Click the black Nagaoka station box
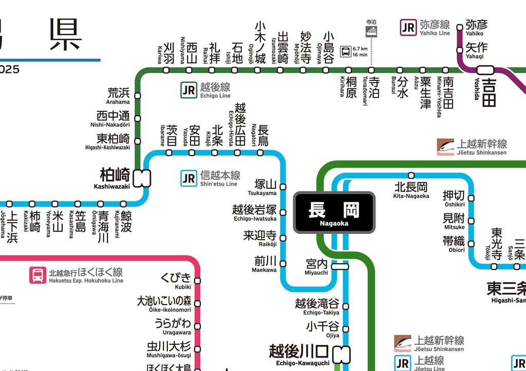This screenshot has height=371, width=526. [x=334, y=212]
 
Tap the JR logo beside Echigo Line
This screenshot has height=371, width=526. [x=189, y=90]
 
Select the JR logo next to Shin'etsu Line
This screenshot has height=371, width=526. [x=189, y=178]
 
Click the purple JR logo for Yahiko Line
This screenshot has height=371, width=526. [x=408, y=27]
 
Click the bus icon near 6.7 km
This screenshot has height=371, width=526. [x=346, y=51]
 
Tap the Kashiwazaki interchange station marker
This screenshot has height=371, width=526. [x=141, y=178]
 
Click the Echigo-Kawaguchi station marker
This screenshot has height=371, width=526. [x=342, y=354]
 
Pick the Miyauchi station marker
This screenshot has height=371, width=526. [x=340, y=266]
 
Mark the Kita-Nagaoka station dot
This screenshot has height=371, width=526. [x=411, y=175]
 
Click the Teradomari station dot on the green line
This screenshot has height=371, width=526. [x=371, y=70]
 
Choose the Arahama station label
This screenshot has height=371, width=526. [x=118, y=95]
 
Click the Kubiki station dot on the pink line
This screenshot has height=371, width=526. [x=197, y=281]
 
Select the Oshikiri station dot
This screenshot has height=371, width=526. [x=471, y=198]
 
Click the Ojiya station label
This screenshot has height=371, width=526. [x=323, y=329]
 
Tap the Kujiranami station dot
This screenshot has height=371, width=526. [x=123, y=204]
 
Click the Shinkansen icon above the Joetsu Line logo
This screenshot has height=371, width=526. [x=403, y=343]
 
